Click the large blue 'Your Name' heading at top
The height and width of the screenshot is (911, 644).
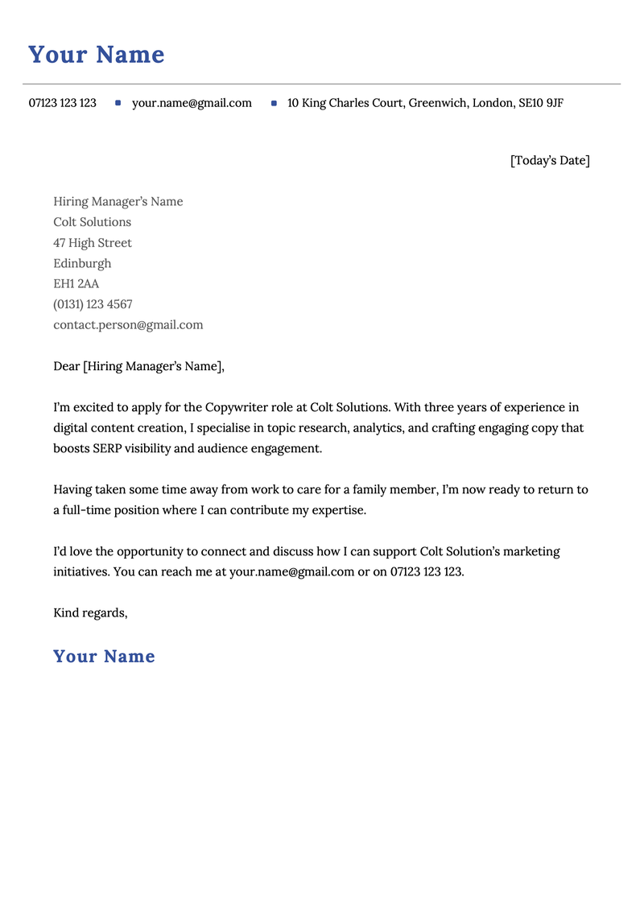point(96,55)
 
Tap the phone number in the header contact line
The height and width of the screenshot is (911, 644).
point(62,103)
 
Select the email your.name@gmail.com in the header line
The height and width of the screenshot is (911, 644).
point(192,103)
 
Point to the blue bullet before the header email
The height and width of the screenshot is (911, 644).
point(118,103)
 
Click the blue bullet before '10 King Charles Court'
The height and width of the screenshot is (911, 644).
point(274,103)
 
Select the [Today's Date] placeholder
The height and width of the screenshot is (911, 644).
point(550,160)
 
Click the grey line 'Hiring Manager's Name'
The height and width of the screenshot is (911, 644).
point(118,201)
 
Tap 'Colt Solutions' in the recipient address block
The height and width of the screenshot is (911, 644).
point(92,222)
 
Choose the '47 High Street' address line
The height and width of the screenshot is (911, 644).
point(92,243)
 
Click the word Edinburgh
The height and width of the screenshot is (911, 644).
point(82,263)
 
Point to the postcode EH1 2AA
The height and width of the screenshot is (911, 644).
point(76,284)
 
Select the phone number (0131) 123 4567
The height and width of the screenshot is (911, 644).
point(93,304)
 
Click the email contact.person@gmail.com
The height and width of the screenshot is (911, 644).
point(128,325)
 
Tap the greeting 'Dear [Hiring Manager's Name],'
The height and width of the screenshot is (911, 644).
point(138,366)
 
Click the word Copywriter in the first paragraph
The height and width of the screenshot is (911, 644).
point(238,407)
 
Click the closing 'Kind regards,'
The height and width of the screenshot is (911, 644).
point(90,612)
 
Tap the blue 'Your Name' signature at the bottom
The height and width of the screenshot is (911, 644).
point(104,656)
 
